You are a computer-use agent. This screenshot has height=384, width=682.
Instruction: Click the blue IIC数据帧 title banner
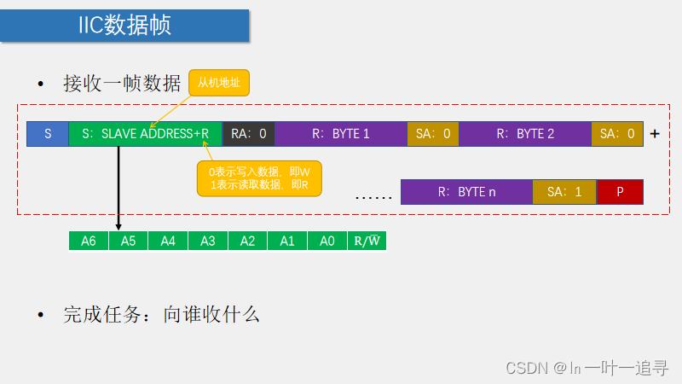[x=125, y=26]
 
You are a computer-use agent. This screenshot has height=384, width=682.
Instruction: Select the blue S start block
[x=48, y=134]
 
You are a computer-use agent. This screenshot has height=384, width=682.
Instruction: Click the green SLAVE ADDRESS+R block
[x=145, y=134]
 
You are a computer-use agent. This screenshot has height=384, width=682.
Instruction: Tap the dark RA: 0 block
[x=248, y=134]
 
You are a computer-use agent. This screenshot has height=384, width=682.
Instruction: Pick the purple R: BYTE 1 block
[x=341, y=134]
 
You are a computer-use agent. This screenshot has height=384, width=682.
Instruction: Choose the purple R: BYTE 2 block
[x=525, y=134]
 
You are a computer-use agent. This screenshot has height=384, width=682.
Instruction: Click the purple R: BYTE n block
[x=466, y=192]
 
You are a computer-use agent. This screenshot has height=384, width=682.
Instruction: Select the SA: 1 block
[x=564, y=192]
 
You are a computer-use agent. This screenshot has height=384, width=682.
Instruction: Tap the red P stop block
[x=620, y=192]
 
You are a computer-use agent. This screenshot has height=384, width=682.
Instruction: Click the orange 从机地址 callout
[x=219, y=83]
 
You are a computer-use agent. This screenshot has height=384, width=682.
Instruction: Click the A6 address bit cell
[x=89, y=241]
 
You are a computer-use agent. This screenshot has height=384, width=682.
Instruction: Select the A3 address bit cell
[x=208, y=241]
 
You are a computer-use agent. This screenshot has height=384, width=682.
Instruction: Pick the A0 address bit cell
[x=327, y=241]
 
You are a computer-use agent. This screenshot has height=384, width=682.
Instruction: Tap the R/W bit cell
[x=367, y=241]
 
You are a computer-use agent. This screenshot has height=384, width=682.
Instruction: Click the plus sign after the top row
[x=655, y=134]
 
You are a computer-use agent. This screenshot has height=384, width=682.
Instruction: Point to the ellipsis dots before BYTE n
[x=373, y=196]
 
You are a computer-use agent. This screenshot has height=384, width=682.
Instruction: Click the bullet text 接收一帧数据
[x=122, y=84]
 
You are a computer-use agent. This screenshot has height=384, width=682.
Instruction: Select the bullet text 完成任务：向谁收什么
[x=161, y=314]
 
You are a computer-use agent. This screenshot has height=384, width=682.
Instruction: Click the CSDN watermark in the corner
[x=587, y=368]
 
